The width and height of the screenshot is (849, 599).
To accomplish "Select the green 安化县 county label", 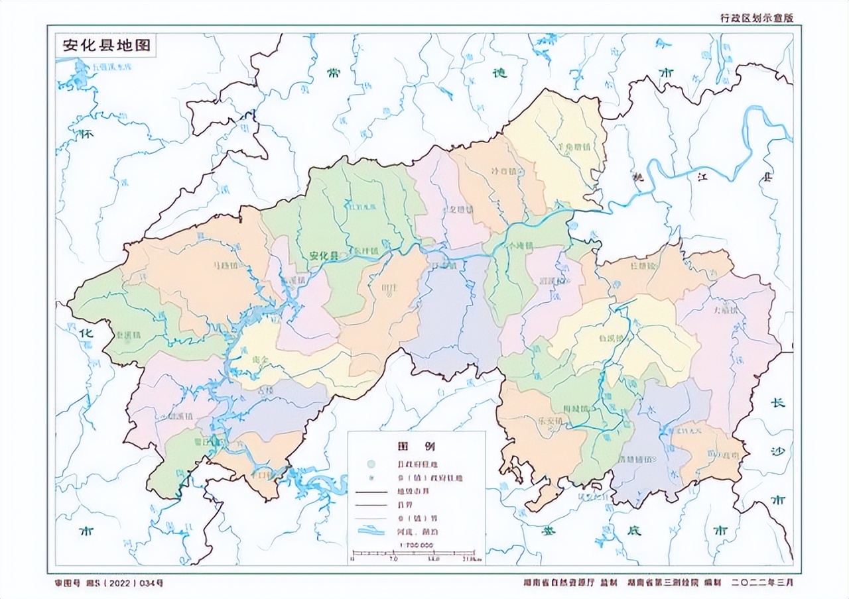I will click(x=323, y=255).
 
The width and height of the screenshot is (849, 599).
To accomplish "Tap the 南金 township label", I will click(x=251, y=360).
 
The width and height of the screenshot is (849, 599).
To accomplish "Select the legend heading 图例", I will click(x=416, y=444).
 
